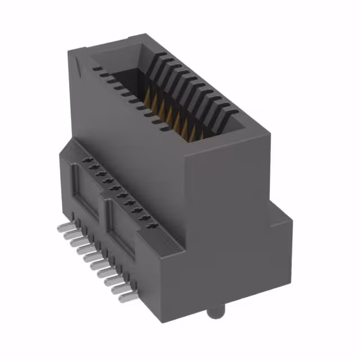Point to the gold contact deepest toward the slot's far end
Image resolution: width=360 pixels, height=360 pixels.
(151, 90)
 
